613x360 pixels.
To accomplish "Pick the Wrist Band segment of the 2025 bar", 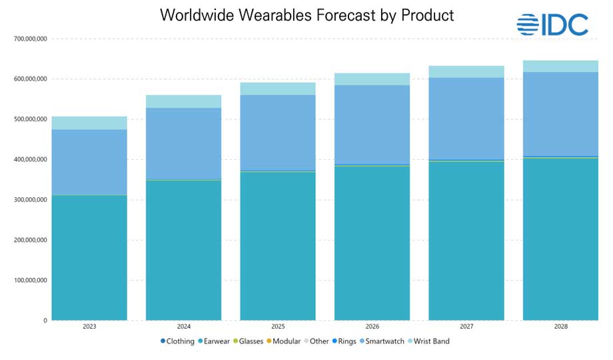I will [x=278, y=89].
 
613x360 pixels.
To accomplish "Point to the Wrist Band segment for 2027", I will [x=466, y=72].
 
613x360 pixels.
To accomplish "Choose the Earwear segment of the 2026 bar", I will [x=372, y=243].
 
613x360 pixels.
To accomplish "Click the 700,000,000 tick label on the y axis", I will [x=30, y=39].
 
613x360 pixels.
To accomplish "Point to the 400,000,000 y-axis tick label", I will [x=30, y=159].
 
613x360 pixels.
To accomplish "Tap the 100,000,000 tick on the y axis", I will [x=30, y=280].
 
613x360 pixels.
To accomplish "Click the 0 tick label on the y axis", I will [x=45, y=321].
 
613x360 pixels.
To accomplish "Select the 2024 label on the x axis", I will [x=184, y=327].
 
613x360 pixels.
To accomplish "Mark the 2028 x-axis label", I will [x=560, y=327].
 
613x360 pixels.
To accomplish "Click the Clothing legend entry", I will [x=178, y=341].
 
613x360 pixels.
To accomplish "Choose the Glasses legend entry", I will [x=246, y=341].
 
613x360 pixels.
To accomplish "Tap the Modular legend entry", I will [x=284, y=341].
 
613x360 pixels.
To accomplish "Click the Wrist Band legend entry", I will [x=428, y=341].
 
